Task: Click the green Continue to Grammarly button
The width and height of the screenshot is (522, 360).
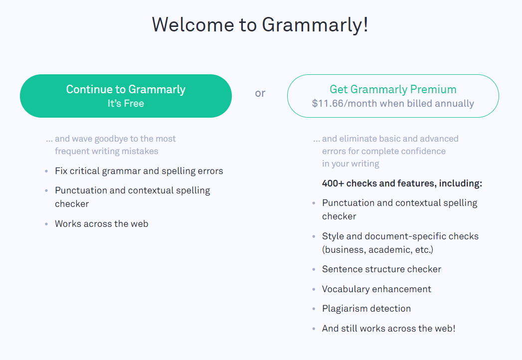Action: [x=126, y=96]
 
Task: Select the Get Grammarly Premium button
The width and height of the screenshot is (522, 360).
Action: [x=393, y=96]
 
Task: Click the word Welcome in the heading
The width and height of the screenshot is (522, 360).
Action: [x=193, y=24]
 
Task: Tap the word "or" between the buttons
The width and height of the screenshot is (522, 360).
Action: [x=260, y=93]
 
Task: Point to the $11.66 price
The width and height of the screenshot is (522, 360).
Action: [x=328, y=104]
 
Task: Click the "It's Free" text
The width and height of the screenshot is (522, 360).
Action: [x=126, y=104]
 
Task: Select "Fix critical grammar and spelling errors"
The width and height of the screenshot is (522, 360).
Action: [x=139, y=171]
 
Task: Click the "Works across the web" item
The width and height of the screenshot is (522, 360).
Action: [x=102, y=224]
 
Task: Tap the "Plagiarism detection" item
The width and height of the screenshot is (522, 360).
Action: [x=366, y=309]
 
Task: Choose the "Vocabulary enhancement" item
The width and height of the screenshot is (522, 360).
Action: [x=376, y=289]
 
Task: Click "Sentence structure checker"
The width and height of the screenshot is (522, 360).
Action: [x=381, y=269]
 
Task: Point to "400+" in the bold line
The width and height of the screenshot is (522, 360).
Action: [x=333, y=183]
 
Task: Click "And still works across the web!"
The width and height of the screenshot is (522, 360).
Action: [x=388, y=329]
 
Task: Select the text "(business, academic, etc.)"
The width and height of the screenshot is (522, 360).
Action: [x=377, y=250]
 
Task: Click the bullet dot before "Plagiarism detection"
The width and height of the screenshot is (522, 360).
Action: [x=314, y=309]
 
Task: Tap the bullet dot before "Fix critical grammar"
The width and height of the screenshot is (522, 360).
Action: [x=46, y=172]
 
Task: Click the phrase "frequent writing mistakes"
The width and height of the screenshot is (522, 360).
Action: [x=107, y=151]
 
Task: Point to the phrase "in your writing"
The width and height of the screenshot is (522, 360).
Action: [x=350, y=164]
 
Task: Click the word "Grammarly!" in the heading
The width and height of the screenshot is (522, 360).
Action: [x=315, y=25]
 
